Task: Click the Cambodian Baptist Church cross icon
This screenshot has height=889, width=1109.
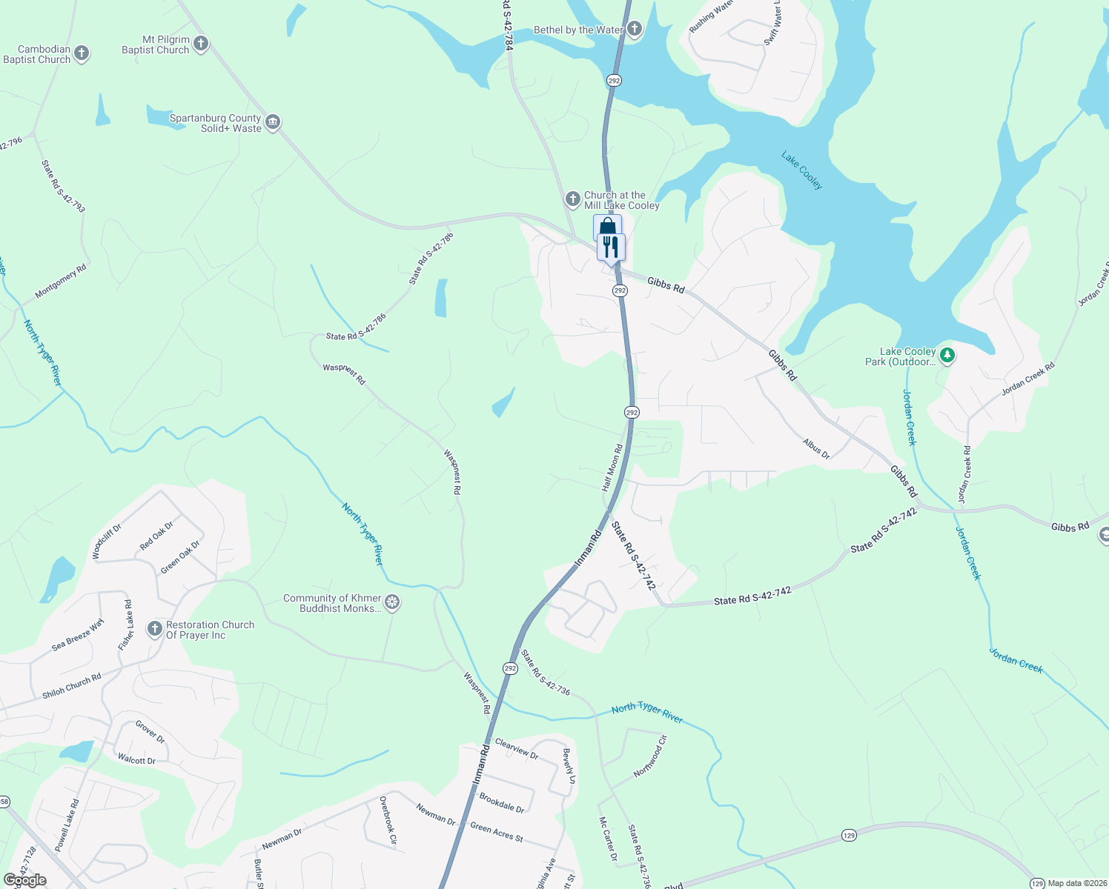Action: coord(82,53)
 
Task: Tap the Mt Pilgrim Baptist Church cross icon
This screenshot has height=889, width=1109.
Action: coord(201,44)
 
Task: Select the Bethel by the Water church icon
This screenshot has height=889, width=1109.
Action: coord(634,30)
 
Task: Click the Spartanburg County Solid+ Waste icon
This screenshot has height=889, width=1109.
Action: coord(272,122)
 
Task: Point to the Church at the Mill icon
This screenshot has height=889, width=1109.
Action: coord(573,199)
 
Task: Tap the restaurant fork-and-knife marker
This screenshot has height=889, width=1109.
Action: coord(611,247)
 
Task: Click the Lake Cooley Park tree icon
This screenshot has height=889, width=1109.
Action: coord(947,356)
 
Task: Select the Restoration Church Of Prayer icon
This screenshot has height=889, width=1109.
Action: coord(154,630)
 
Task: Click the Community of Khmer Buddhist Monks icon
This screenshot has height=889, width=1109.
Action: coord(392,602)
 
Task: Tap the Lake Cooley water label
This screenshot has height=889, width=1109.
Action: coord(801,170)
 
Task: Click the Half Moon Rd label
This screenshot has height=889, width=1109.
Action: coord(612,467)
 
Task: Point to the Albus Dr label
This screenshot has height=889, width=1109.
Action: coord(816,448)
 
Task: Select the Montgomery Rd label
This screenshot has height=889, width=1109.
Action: coord(61,282)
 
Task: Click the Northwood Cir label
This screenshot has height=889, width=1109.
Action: coord(651,756)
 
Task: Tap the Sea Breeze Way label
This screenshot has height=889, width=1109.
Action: coord(78,636)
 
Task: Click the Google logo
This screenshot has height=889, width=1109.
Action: coord(24,880)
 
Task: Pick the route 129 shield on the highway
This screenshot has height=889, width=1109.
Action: coord(849,835)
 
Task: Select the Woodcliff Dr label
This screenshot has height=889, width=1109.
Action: coord(106,542)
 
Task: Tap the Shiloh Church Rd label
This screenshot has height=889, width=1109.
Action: coord(71,686)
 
